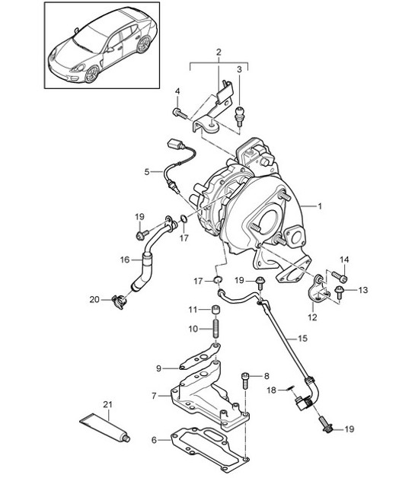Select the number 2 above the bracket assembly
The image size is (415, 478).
coord(219,53)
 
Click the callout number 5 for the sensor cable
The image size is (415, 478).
coord(147,172)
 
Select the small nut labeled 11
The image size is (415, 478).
coord(215,310)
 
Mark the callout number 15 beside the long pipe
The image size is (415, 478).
coord(302,337)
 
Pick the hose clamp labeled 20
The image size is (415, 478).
coord(117,301)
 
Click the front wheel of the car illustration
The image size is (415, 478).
coord(93,74)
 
